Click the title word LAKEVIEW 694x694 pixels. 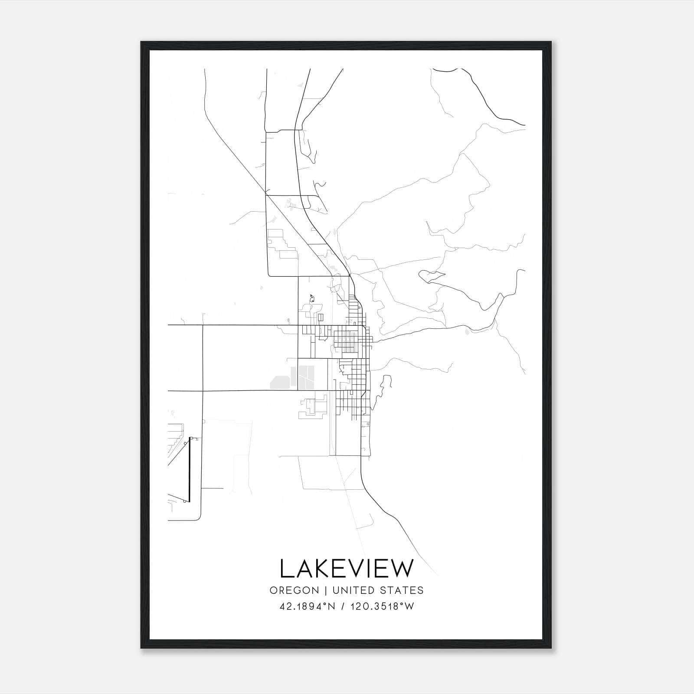347,569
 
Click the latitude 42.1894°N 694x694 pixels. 308,606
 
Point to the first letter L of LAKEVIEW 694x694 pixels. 286,569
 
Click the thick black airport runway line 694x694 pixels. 189,468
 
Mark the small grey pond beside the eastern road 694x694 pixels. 466,332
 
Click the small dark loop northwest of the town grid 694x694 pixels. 311,298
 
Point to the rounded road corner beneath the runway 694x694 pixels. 199,518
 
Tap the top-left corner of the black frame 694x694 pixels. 142,43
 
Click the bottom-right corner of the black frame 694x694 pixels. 551,648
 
